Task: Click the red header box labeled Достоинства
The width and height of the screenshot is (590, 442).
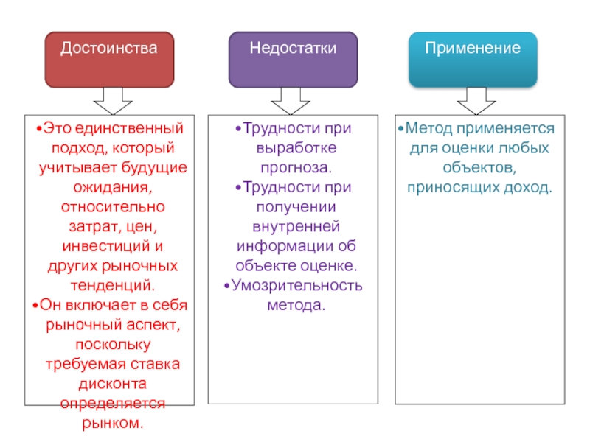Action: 109,60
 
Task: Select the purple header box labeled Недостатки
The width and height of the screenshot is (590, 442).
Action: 293,60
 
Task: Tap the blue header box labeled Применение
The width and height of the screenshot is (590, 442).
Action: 473,60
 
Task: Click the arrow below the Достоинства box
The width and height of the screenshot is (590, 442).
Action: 113,101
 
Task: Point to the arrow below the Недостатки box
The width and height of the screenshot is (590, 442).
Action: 291,101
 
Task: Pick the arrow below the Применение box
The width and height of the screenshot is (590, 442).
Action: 476,101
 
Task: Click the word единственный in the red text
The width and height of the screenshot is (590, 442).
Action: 129,128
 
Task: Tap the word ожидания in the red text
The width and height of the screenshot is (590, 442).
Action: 112,187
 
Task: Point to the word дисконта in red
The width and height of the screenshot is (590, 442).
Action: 113,384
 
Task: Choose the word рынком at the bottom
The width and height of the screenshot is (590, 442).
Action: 113,423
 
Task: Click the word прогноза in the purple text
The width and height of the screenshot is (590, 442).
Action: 296,168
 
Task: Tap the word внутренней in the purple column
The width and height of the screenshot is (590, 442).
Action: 296,227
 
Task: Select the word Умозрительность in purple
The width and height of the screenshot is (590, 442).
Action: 297,286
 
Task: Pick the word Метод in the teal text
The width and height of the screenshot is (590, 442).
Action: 429,128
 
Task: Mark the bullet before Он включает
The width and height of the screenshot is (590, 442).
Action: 35,305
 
